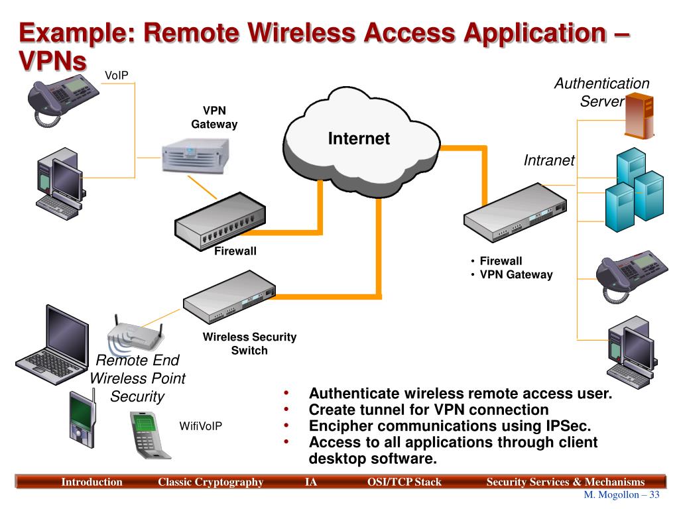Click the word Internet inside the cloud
click(x=359, y=139)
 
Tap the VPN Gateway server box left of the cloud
click(x=196, y=156)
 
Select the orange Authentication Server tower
click(x=639, y=116)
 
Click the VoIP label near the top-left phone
click(x=117, y=76)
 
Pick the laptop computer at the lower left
click(x=53, y=345)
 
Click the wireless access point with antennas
click(x=135, y=334)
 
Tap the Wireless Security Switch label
click(x=249, y=343)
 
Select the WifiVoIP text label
click(x=200, y=426)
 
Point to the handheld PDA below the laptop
click(x=82, y=419)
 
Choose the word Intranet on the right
click(x=549, y=160)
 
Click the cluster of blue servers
click(x=635, y=190)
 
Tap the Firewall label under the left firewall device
click(x=235, y=251)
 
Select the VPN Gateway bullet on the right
click(x=516, y=275)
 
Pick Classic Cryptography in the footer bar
click(x=210, y=482)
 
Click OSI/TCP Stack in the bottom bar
click(x=404, y=482)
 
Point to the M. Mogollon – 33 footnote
click(x=621, y=494)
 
